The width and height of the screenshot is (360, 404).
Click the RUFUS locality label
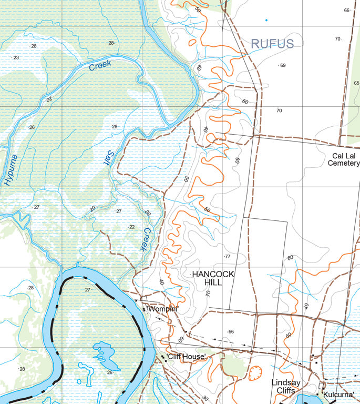coord(272,44)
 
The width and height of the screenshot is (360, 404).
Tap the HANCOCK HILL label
coord(213,278)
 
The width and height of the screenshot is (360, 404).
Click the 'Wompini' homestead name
coord(163,309)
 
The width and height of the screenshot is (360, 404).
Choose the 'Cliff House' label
coord(186,357)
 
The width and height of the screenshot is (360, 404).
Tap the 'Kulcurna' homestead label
coord(338,395)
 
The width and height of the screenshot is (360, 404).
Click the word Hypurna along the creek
coord(11,169)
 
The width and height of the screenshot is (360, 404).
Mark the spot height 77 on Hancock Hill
coord(228,257)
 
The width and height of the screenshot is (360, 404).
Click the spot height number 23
coord(16,57)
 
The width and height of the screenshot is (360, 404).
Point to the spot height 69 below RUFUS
coord(283,65)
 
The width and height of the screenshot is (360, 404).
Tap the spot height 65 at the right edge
coord(356,83)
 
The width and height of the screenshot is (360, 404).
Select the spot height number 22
coord(132,227)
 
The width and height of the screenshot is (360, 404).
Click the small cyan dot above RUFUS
coord(266,21)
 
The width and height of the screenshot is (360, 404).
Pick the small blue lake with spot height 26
coord(105,355)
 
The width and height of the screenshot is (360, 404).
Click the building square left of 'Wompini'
coord(143,309)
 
